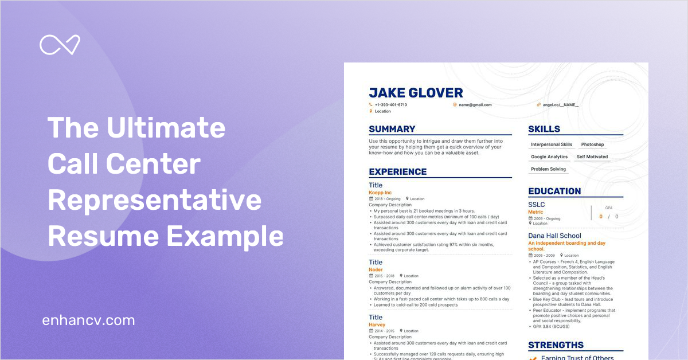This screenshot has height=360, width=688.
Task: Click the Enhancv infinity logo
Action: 60,45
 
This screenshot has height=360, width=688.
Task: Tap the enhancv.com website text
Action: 89,320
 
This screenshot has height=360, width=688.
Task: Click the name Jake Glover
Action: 416,93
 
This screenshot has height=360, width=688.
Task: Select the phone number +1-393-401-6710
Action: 390,105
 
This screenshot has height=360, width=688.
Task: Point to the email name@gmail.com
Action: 474,105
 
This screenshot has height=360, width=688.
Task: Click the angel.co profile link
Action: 560,105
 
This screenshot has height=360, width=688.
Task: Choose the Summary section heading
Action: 392,129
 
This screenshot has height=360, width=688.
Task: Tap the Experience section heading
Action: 398,171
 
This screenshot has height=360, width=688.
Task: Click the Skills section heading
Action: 544,129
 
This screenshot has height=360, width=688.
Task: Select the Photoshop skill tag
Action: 592,144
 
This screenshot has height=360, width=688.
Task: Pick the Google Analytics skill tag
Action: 549,156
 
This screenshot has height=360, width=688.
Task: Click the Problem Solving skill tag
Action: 548,169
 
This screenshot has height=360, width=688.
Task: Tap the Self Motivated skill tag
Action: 592,156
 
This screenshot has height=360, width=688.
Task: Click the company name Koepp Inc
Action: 380,193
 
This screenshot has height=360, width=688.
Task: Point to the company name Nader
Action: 376,269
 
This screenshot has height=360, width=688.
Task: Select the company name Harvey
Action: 377,324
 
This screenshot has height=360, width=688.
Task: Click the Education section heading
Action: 554,191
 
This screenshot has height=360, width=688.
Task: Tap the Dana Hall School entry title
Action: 554,236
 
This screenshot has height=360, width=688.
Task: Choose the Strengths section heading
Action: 556,345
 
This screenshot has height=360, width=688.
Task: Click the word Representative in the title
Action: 154,201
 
